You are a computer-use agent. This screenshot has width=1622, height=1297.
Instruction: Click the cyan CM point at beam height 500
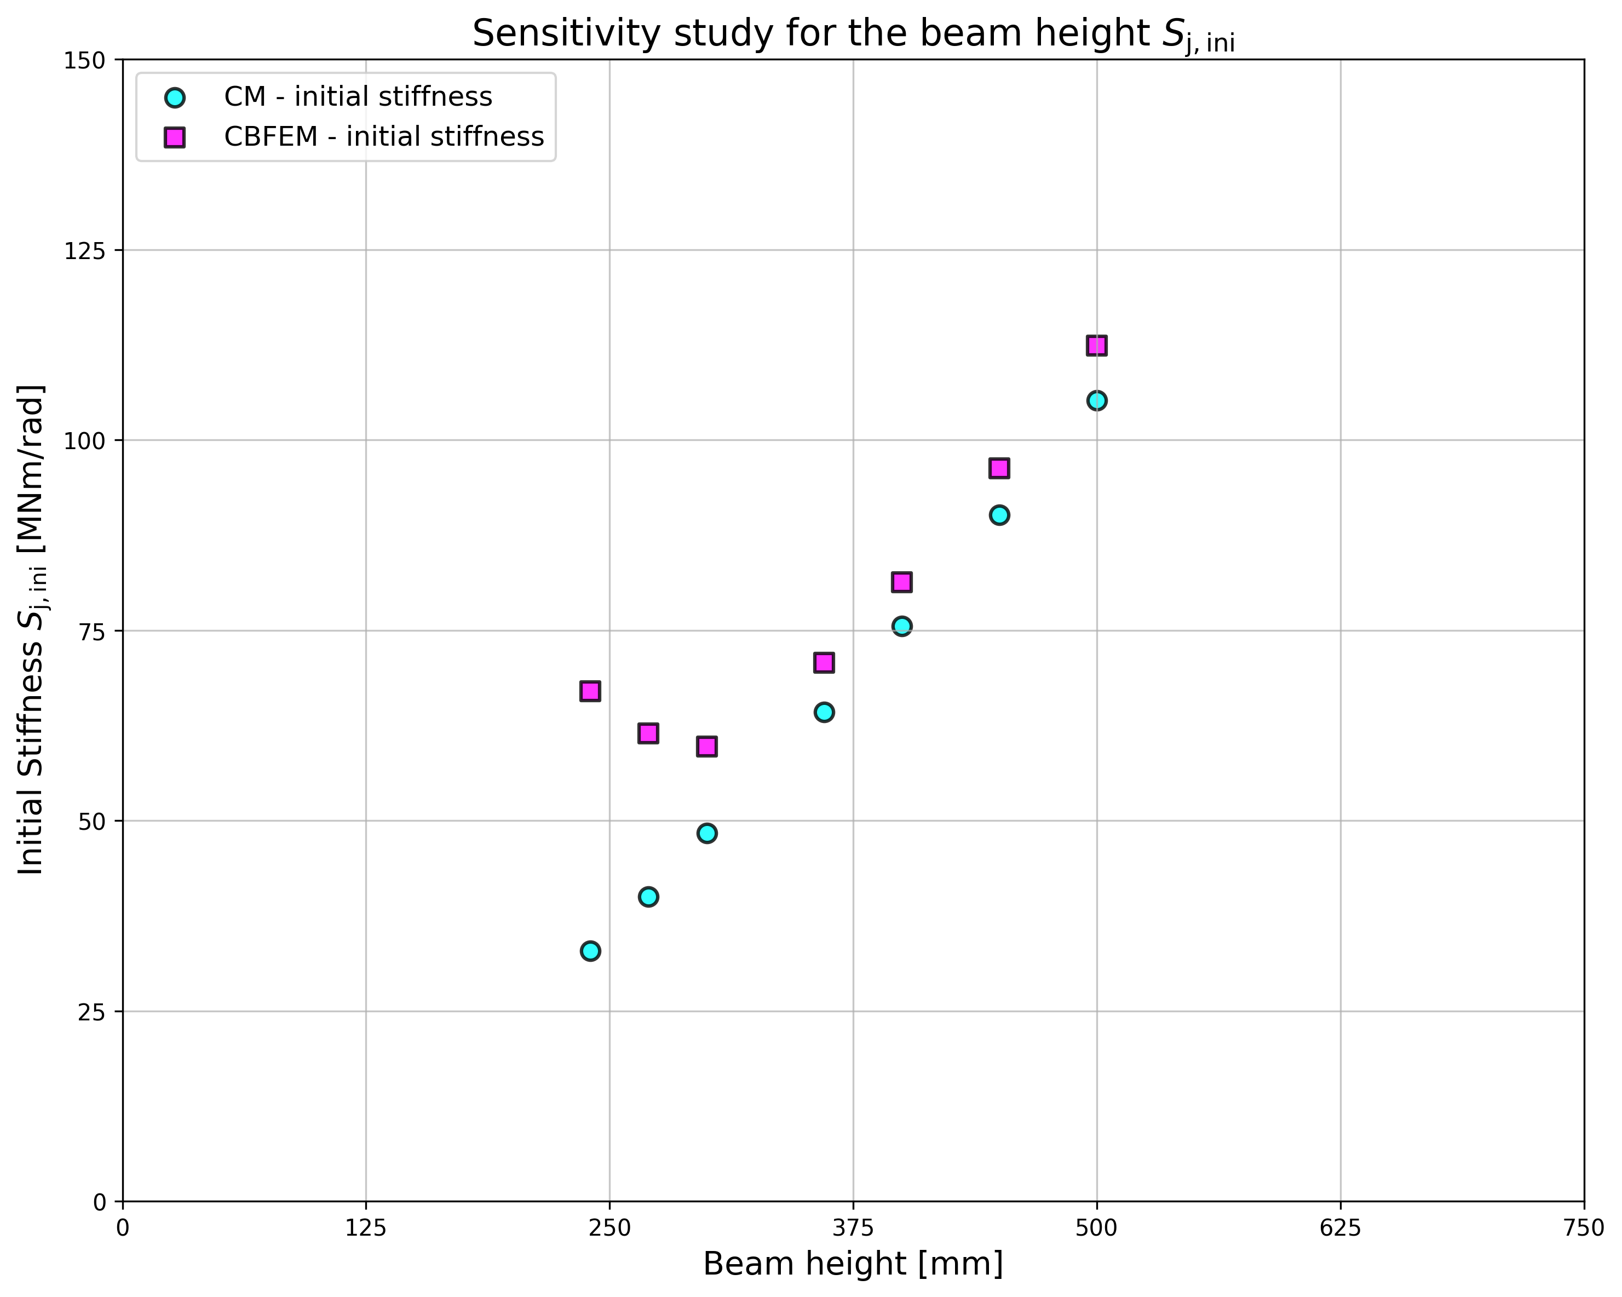1096,400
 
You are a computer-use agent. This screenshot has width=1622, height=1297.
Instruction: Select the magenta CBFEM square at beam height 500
1096,345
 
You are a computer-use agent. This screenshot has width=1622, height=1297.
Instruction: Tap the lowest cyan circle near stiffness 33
590,951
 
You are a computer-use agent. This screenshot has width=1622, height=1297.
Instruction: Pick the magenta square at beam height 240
590,691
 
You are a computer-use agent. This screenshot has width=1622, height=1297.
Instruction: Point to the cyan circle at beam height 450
999,515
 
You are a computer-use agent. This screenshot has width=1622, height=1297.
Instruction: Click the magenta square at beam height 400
901,582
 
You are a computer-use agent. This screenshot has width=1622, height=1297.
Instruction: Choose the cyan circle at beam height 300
706,833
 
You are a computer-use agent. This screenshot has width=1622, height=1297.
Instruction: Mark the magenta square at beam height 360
824,663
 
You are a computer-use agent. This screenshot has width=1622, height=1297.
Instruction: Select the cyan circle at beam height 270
648,897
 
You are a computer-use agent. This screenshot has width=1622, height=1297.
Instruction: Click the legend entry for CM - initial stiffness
358,97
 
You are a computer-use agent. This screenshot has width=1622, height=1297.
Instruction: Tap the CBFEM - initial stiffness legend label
384,137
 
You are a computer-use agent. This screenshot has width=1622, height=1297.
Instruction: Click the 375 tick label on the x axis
853,1229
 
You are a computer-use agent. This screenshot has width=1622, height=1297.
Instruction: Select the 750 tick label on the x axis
1584,1229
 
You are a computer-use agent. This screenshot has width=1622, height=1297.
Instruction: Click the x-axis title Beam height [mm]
853,1264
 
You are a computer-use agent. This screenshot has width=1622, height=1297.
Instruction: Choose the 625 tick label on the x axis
1341,1229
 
